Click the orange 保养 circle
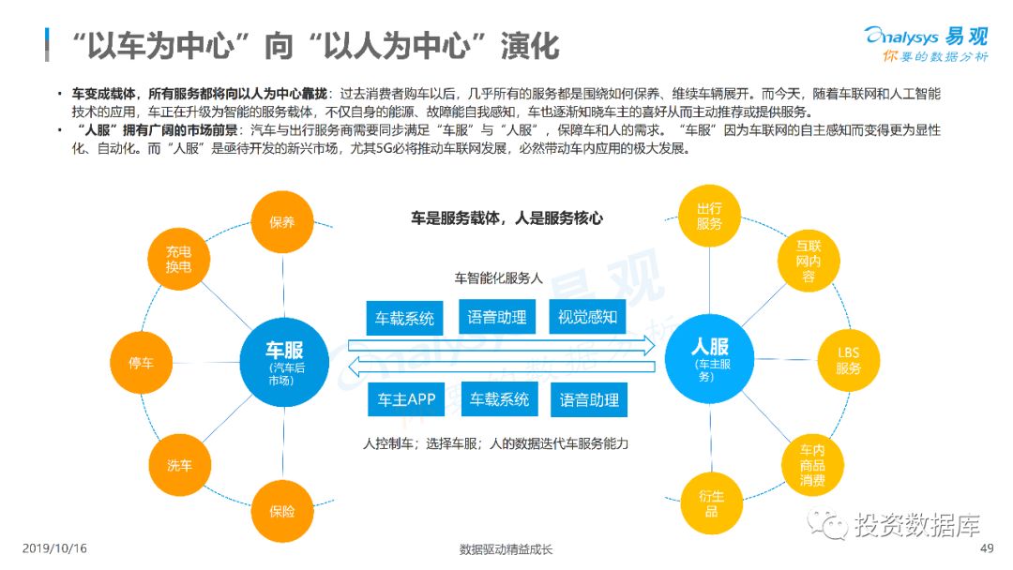282,222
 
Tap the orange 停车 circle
142,362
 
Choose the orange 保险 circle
282,511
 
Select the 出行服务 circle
709,217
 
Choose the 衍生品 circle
711,503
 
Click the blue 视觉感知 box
587,318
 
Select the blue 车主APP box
406,399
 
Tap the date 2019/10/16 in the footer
53,548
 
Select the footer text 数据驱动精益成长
506,549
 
